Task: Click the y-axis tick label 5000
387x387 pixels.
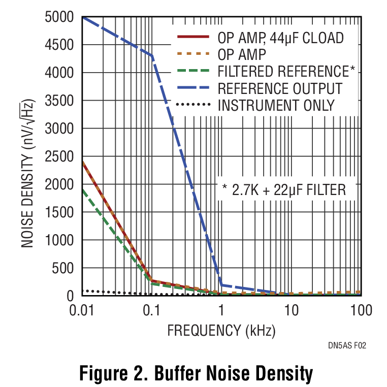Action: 60,18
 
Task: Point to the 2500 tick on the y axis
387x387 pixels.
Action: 60,157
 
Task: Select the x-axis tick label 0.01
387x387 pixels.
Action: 81,310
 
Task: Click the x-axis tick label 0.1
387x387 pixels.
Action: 151,310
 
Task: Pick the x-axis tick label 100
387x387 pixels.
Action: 361,310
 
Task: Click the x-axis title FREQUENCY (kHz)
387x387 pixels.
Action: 221,331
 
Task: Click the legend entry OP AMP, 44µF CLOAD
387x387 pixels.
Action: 280,38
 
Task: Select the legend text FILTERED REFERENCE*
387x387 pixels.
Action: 286,71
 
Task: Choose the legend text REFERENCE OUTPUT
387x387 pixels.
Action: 280,88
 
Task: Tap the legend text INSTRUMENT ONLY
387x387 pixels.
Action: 276,105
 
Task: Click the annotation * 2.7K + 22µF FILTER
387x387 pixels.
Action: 284,190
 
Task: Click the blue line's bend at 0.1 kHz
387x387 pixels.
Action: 151,55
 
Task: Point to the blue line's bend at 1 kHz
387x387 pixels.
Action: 221,285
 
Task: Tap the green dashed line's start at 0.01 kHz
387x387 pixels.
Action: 82,190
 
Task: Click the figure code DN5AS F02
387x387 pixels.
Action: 347,345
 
